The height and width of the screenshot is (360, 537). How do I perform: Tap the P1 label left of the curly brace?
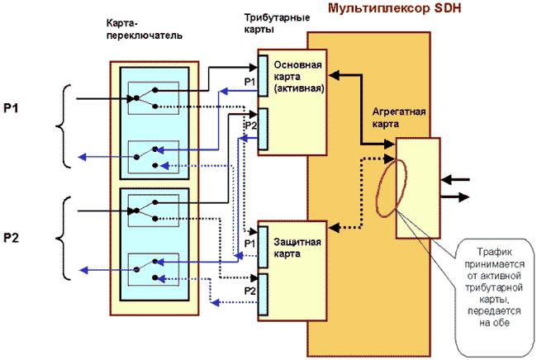pos(11,108)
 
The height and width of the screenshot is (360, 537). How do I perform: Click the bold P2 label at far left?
pos(11,239)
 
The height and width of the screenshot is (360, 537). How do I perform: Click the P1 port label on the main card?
pos(250,81)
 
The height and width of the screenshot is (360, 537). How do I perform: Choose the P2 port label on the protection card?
pos(250,291)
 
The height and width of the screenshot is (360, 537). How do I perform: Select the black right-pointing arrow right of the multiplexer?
pos(457,197)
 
